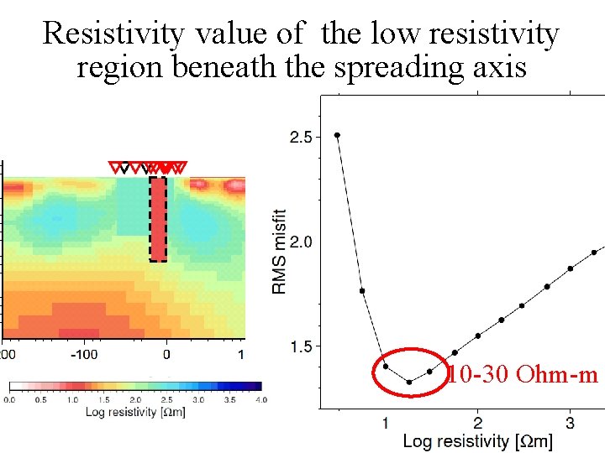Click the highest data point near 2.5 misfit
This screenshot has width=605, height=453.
click(337, 135)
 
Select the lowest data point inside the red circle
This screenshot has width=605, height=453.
click(409, 383)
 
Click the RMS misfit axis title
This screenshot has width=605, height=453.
click(279, 252)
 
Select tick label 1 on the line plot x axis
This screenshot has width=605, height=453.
click(385, 422)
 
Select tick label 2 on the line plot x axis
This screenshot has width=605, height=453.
click(477, 422)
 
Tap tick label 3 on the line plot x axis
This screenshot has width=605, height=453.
click(570, 422)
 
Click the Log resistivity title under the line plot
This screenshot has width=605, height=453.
click(477, 440)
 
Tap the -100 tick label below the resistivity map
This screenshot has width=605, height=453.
click(84, 355)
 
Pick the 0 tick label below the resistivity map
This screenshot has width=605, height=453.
click(166, 355)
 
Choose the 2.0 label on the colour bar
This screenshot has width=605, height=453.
click(135, 400)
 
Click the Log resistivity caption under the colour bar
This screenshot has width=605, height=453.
click(135, 412)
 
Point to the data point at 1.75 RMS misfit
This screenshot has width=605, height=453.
click(362, 291)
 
